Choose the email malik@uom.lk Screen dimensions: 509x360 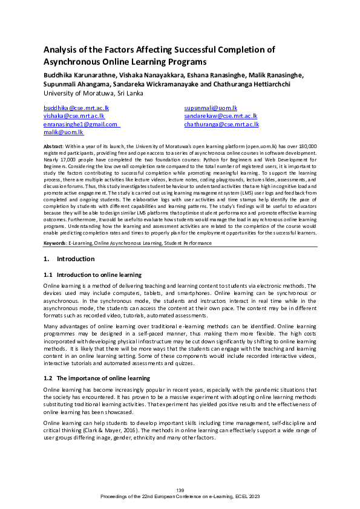point(64,132)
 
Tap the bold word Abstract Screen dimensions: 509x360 point(54,147)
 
